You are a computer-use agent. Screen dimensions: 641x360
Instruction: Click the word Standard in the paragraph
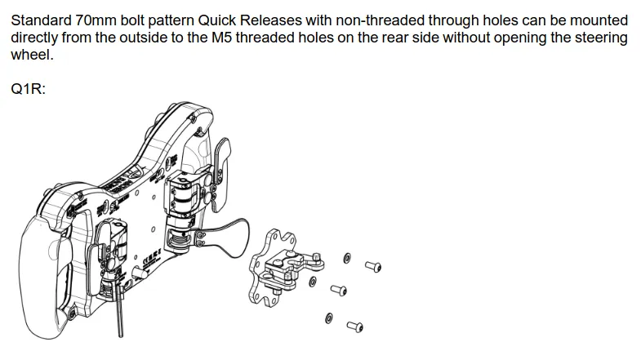pyautogui.click(x=41, y=20)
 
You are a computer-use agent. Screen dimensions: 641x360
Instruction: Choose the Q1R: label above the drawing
pyautogui.click(x=29, y=89)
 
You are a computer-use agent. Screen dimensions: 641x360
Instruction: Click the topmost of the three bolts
pyautogui.click(x=373, y=267)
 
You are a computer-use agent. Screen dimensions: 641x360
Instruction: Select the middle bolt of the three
pyautogui.click(x=339, y=290)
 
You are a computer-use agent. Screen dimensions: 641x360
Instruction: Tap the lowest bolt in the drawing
pyautogui.click(x=355, y=327)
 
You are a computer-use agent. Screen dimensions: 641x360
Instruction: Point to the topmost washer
pyautogui.click(x=347, y=258)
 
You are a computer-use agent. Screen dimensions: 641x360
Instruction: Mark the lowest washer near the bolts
pyautogui.click(x=329, y=318)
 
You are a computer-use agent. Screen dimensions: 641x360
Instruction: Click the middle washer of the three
pyautogui.click(x=312, y=281)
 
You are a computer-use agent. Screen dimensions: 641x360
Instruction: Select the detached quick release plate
pyautogui.click(x=282, y=268)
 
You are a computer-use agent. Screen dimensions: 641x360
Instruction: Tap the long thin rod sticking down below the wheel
pyautogui.click(x=120, y=310)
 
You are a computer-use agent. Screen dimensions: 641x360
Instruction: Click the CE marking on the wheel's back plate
pyautogui.click(x=151, y=257)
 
